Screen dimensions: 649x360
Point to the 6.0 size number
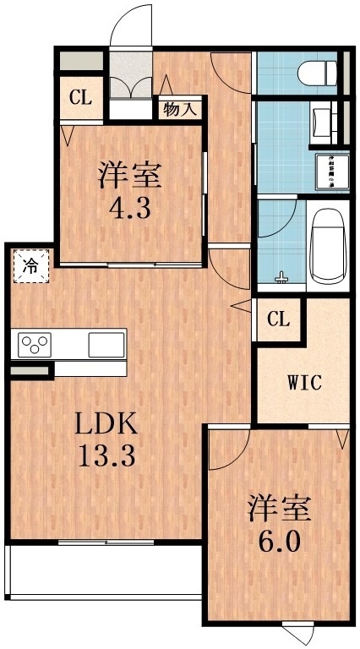pos(280,540)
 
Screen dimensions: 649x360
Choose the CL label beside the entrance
pos(80,98)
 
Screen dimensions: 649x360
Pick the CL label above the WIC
pos(279,320)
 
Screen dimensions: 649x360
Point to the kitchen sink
pos(106,345)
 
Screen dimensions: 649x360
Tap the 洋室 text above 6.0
pos(280,508)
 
